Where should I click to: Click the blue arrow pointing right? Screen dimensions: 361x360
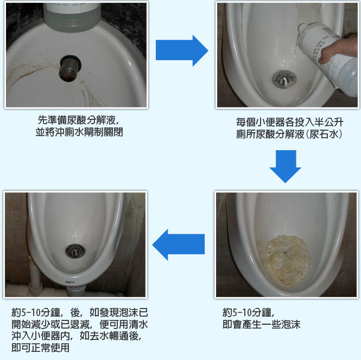coord(182,50)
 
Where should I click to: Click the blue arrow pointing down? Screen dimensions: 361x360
coord(285,166)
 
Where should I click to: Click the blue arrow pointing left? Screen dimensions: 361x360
coord(179,245)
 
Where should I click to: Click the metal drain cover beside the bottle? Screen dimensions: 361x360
coord(284,79)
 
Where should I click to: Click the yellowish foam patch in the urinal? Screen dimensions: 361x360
coord(288,260)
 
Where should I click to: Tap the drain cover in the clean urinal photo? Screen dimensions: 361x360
coord(75,251)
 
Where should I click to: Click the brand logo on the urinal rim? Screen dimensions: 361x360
coord(70,281)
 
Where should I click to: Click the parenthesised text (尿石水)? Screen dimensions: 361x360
coord(324,134)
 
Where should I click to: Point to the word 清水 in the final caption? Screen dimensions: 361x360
coord(138,324)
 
